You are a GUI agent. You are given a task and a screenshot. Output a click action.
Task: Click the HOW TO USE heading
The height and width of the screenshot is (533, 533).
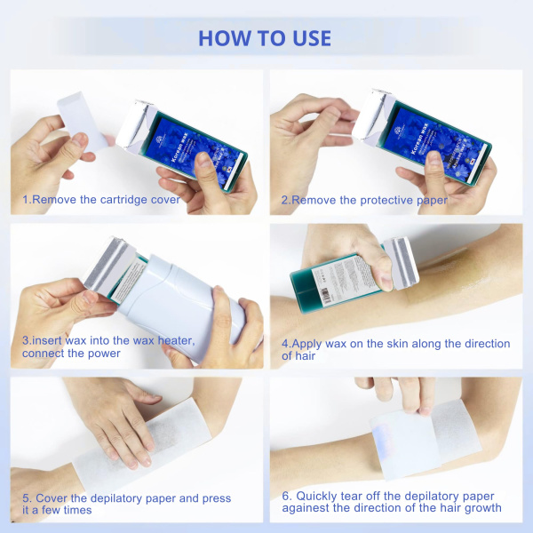[x=265, y=38]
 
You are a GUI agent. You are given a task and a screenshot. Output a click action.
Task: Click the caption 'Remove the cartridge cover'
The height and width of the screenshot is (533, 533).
[x=101, y=200]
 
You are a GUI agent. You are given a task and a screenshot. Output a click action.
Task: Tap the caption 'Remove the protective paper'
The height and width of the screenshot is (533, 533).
[x=364, y=200]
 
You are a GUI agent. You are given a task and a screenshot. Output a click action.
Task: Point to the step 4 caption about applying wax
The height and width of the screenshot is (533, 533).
[x=395, y=349]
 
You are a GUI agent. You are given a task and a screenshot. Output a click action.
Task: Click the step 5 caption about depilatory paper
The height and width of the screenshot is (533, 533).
[x=127, y=504]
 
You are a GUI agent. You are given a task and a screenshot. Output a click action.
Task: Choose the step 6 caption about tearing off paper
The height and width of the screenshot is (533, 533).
[x=392, y=502]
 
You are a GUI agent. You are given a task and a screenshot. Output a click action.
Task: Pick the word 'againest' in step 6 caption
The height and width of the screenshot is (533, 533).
[x=309, y=509]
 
